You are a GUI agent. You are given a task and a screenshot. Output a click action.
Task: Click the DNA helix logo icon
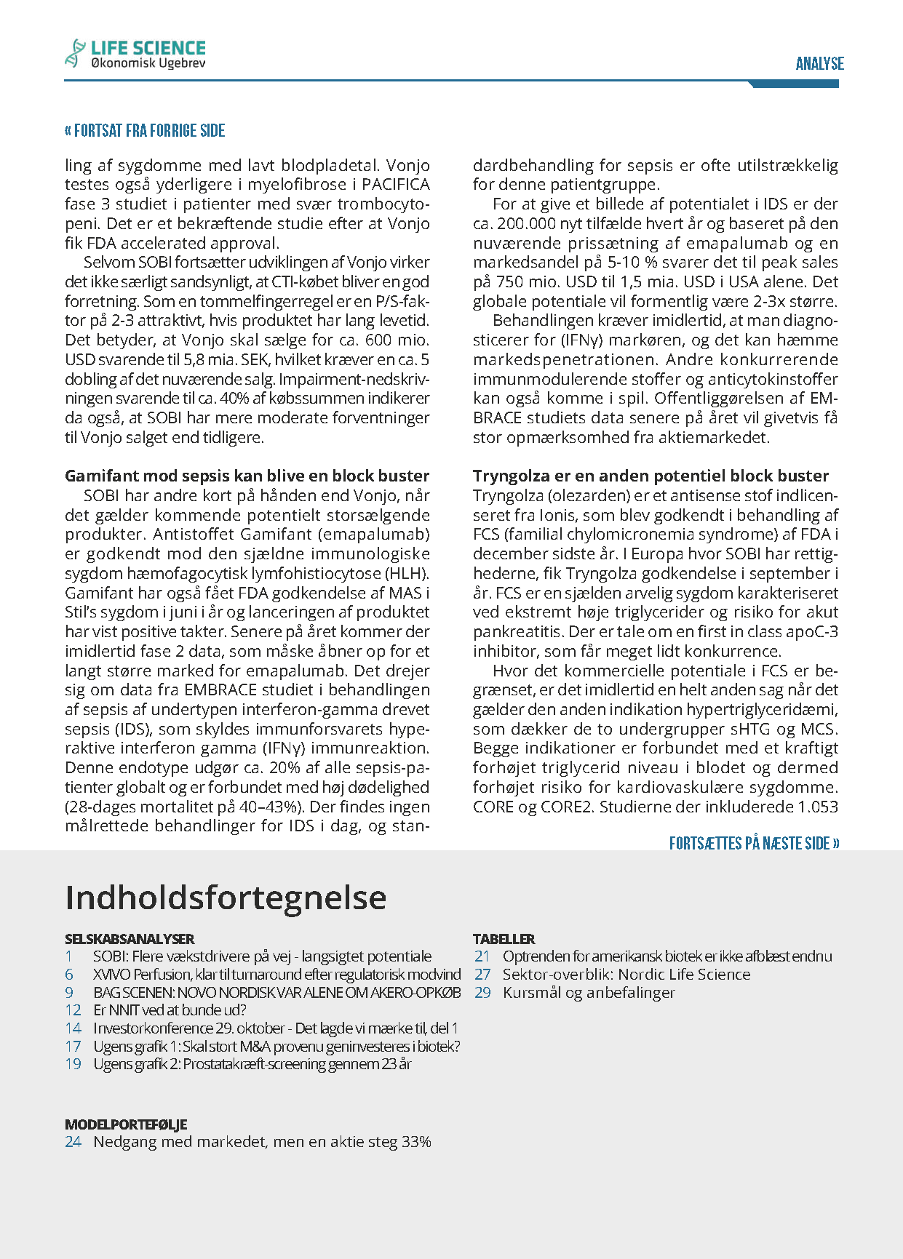coord(75,54)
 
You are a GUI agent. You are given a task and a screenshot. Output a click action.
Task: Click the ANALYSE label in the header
coord(819,64)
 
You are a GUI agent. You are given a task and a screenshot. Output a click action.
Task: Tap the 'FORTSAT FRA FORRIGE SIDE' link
coord(145,131)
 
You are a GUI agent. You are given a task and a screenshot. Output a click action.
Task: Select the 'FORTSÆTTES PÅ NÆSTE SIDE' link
coord(754,843)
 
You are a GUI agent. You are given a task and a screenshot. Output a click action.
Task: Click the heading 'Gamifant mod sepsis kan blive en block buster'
coord(247,476)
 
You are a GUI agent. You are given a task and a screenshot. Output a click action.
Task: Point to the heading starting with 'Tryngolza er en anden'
coord(651,476)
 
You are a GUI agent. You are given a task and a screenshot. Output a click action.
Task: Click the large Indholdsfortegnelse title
coord(226,898)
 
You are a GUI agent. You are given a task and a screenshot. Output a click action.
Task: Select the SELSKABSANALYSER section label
coord(130,939)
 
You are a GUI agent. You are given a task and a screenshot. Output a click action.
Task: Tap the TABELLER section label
coord(504,939)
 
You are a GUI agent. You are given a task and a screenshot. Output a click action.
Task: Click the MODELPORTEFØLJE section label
coord(126,1124)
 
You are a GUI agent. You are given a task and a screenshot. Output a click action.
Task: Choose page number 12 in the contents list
coord(73,1010)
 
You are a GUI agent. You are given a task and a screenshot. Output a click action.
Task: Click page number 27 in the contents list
coord(482,975)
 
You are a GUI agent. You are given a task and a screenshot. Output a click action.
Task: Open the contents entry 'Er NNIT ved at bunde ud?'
coord(170,1010)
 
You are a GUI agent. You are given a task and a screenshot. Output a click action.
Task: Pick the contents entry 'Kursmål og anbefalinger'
coord(589,993)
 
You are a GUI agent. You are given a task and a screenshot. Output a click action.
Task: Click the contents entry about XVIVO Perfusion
coord(277,975)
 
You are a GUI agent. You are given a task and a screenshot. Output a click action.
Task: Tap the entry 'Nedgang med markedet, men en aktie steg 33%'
coord(262,1142)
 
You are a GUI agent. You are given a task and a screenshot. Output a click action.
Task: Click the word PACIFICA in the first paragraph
coord(395,185)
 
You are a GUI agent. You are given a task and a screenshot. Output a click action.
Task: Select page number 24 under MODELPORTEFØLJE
coord(73,1142)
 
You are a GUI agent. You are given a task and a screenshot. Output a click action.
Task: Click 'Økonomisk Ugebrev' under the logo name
coord(148,64)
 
